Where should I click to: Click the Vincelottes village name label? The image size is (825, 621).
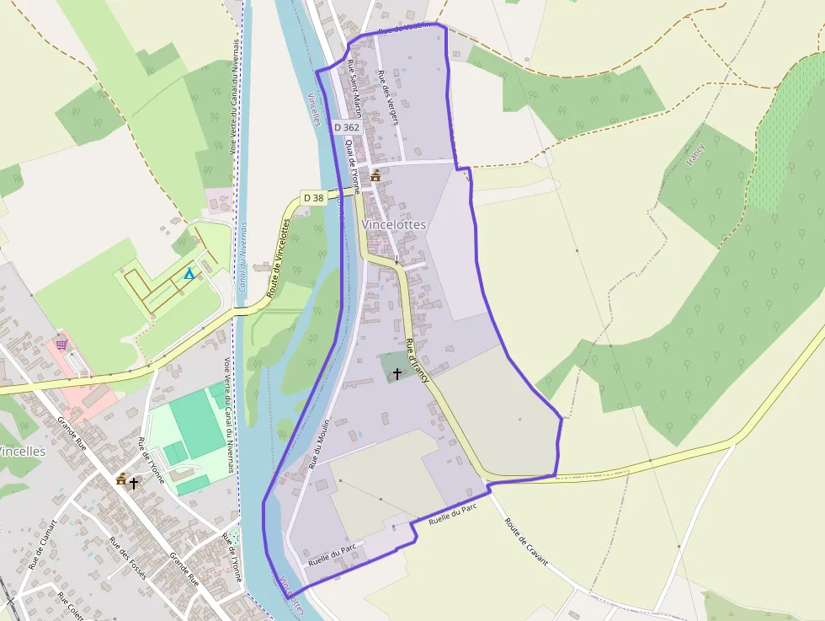point(394,225)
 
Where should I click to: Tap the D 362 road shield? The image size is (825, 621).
point(346,127)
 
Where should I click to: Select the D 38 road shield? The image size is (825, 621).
point(313,197)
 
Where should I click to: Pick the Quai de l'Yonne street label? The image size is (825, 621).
point(352,166)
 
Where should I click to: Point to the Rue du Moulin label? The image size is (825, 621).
point(318,443)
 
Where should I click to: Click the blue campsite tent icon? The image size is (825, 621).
point(189,274)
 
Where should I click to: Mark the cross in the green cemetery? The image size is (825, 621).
point(397,372)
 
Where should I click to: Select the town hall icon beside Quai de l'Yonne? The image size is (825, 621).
point(375,175)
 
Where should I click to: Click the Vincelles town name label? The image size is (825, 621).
point(21,451)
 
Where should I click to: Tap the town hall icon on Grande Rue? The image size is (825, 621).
point(121,480)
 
